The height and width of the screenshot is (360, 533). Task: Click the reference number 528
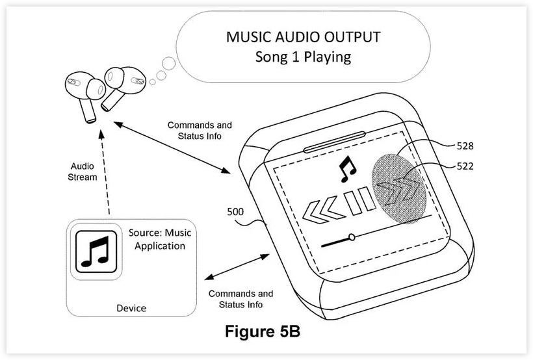coord(465,146)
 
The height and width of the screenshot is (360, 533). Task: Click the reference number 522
coord(465,166)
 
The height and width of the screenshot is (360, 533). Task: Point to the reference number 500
coord(235,211)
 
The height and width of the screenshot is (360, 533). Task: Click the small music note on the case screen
coord(347,169)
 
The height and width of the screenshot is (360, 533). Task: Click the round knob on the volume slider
coord(352,237)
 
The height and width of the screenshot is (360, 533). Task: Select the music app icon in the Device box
coord(97,252)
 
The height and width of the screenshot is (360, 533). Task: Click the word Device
coord(131,308)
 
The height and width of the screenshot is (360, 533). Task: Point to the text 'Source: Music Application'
coord(160,239)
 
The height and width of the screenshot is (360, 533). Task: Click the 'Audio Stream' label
coord(83,172)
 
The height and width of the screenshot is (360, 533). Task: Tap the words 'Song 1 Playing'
coord(303,57)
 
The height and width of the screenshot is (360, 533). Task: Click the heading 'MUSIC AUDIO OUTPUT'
coord(303,36)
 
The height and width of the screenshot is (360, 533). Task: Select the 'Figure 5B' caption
coord(263,331)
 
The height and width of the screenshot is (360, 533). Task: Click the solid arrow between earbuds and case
coord(172,148)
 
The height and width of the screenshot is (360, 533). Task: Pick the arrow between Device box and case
coord(237,267)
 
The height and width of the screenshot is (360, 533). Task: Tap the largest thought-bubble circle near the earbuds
coord(168,64)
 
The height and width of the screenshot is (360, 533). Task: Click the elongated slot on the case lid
coord(335,142)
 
